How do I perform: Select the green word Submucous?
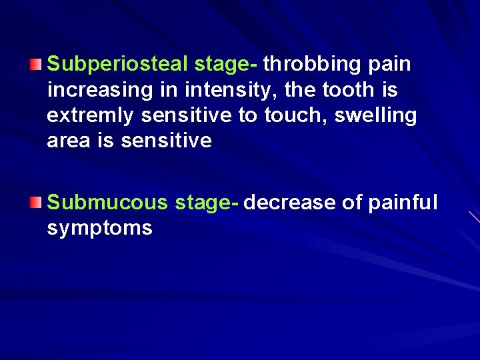106,203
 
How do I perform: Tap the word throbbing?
311,65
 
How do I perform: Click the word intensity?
229,90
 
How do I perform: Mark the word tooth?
349,90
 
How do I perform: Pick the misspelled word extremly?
91,116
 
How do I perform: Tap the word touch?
291,115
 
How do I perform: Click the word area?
69,141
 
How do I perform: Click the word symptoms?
99,229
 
